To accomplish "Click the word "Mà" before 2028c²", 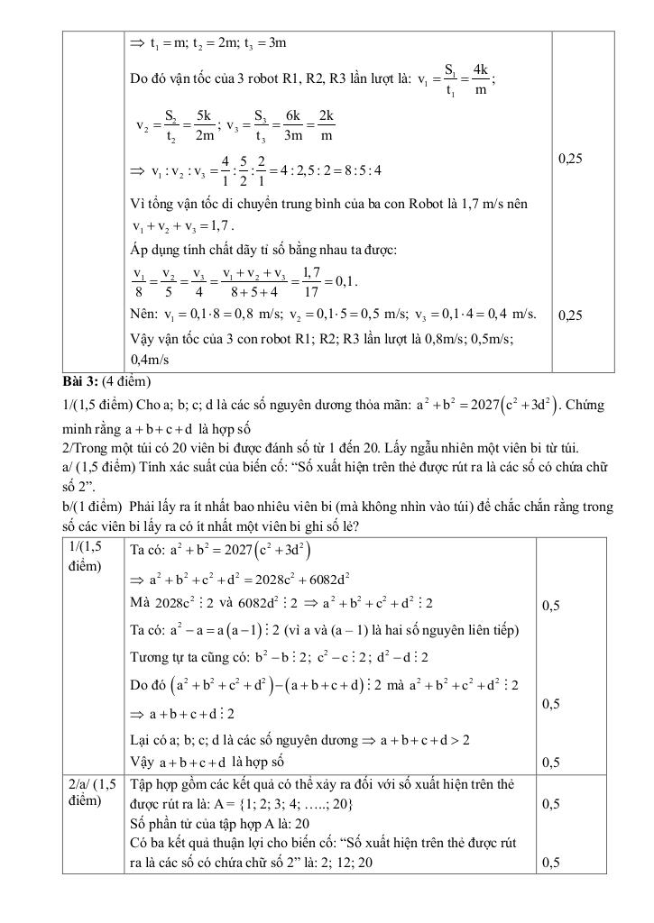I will click(x=142, y=603).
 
